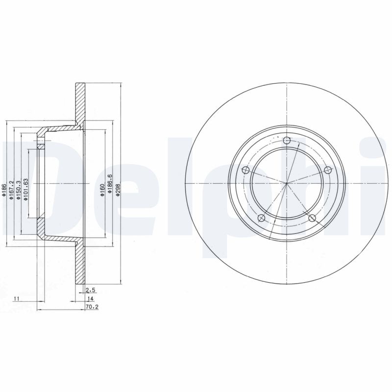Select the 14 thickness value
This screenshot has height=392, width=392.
click(x=90, y=298)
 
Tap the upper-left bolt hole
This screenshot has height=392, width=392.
click(x=246, y=171)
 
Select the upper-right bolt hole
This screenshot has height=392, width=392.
click(x=328, y=170)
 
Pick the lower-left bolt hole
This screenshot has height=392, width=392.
click(x=262, y=218)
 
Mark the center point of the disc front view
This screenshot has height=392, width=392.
click(x=287, y=184)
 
